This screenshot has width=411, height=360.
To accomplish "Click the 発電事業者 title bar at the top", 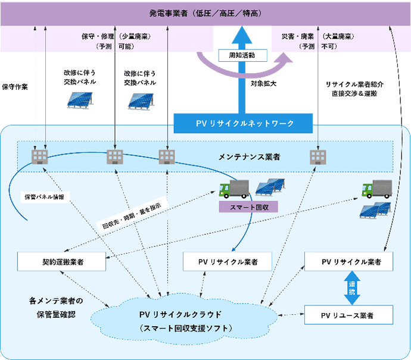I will (205, 12).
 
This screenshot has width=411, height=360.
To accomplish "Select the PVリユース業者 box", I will (348, 314).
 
